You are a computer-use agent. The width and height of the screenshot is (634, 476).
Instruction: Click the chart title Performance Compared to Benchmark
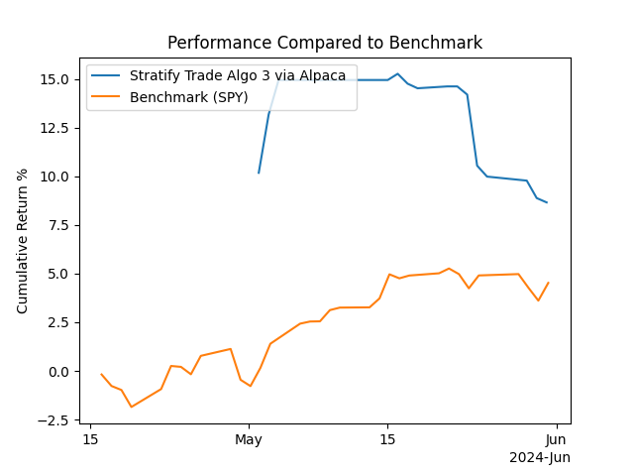click(x=325, y=43)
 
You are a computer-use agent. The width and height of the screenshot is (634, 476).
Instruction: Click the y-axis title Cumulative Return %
click(x=23, y=241)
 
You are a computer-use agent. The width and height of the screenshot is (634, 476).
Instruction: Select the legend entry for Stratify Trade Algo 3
click(x=238, y=75)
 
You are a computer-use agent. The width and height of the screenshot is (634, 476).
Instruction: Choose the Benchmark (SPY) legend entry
click(x=188, y=96)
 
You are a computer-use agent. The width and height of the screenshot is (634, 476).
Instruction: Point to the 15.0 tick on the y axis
click(x=54, y=79)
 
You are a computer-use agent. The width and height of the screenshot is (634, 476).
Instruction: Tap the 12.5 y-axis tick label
click(x=54, y=128)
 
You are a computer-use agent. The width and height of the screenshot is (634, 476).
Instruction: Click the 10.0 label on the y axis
click(x=54, y=177)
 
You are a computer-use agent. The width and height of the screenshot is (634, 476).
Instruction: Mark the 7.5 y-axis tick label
click(x=58, y=225)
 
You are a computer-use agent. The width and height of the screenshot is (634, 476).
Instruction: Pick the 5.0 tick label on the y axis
click(x=58, y=274)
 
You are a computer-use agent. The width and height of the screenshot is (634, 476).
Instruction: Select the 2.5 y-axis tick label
click(x=58, y=322)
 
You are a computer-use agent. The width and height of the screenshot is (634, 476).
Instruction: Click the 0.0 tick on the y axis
click(x=58, y=372)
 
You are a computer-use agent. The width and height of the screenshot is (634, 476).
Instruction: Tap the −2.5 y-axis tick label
click(x=55, y=420)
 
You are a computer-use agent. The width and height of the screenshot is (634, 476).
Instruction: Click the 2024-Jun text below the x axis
click(x=540, y=457)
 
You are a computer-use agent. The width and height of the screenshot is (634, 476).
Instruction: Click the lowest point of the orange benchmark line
click(x=131, y=407)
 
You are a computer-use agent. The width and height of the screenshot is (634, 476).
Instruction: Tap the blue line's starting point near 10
click(x=259, y=173)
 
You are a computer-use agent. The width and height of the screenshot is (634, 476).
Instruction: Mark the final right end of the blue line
click(x=547, y=202)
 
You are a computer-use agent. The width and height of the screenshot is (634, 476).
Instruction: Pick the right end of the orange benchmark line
click(x=549, y=283)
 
